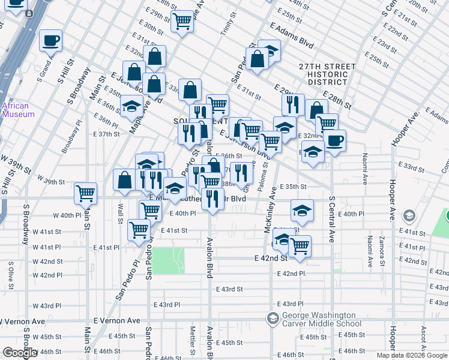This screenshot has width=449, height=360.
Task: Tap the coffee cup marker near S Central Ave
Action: tap(334, 141)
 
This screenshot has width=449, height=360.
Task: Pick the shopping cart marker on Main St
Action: tap(86, 193)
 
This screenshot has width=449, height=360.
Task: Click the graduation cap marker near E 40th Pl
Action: tap(303, 210)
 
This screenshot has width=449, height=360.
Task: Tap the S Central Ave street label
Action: tap(331, 220)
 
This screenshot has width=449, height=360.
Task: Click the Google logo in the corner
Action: tap(20, 353)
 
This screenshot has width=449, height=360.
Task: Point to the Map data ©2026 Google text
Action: tap(412, 355)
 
